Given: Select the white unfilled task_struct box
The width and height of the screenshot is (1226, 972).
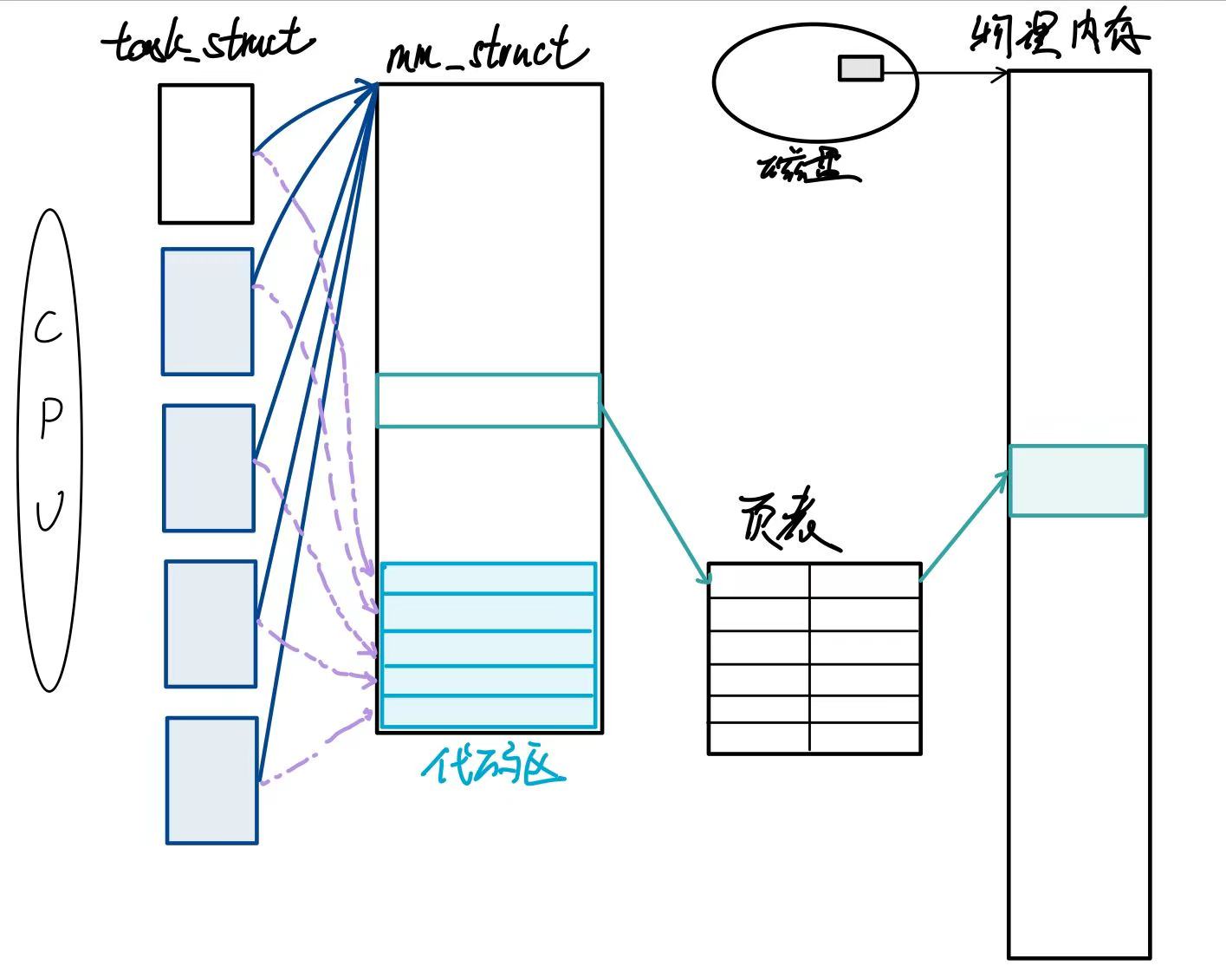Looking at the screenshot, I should (x=206, y=153).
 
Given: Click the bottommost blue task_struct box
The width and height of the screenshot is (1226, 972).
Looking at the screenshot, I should (x=212, y=780).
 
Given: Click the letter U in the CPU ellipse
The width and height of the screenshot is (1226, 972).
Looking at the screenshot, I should (x=49, y=512).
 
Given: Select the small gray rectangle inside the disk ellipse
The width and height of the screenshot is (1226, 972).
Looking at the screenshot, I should (x=860, y=68).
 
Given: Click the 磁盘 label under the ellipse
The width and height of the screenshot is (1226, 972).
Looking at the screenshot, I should (x=807, y=168).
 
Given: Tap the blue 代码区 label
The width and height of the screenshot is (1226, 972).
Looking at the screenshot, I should (x=492, y=766).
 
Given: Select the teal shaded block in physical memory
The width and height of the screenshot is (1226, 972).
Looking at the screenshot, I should (x=1078, y=481).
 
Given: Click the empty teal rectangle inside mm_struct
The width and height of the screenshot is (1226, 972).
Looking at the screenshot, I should (x=488, y=401).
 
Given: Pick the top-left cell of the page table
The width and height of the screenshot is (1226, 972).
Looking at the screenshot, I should (x=759, y=580).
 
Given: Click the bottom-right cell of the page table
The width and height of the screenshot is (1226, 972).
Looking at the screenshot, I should (x=865, y=738).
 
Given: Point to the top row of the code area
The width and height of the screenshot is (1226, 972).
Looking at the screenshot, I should (x=489, y=578).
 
